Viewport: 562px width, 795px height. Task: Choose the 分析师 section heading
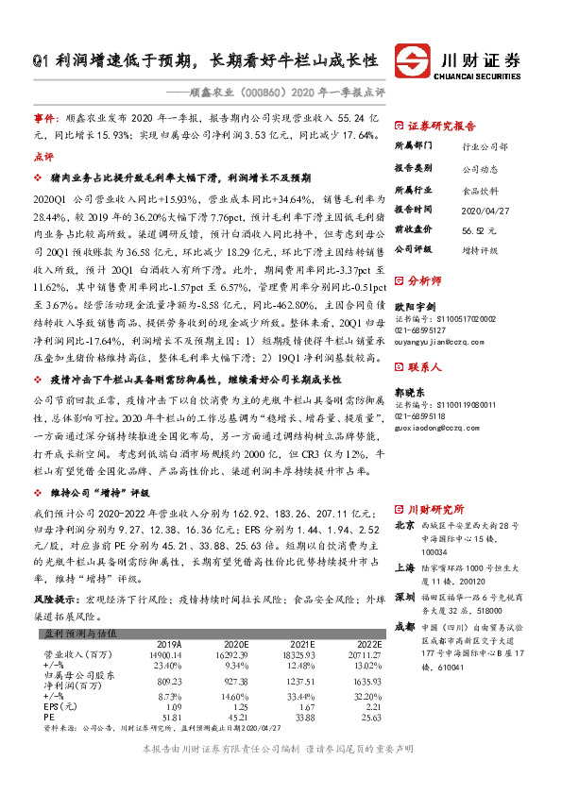pos(422,280)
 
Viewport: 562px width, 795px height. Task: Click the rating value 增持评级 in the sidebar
pos(480,249)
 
